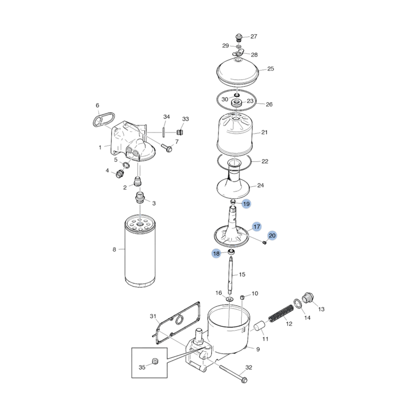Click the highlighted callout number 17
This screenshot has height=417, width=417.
click(x=257, y=226)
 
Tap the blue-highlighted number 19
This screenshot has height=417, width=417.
click(x=247, y=204)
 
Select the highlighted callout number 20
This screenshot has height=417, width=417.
click(x=272, y=236)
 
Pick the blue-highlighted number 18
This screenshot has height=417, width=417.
click(x=217, y=254)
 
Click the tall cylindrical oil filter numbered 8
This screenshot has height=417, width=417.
click(x=140, y=251)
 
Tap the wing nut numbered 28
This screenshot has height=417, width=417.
click(x=238, y=54)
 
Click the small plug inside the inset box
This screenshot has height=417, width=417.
click(x=156, y=361)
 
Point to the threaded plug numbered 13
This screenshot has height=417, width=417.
click(x=308, y=298)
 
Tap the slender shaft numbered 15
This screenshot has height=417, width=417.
click(x=230, y=275)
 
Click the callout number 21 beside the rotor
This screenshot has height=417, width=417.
click(x=264, y=132)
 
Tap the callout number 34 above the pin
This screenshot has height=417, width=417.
click(x=167, y=117)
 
